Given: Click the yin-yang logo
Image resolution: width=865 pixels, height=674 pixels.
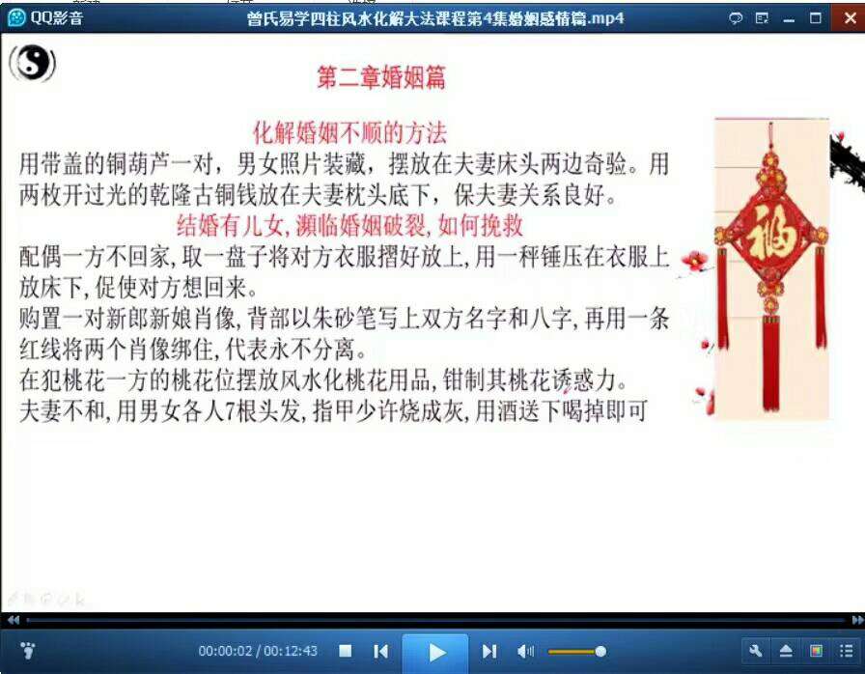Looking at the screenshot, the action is coord(33,64).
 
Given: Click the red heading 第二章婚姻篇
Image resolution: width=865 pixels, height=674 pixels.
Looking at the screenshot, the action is coord(381,77).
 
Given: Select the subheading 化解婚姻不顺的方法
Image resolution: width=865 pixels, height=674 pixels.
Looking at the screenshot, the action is coord(349,133).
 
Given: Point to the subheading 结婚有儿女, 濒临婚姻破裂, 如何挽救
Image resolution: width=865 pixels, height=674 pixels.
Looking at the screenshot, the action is coord(349,225).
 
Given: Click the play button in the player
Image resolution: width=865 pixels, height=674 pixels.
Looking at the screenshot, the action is coord(435,653).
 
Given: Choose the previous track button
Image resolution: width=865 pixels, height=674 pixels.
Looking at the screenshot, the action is coord(380,652).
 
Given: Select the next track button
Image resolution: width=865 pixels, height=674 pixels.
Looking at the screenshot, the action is coord(489,652).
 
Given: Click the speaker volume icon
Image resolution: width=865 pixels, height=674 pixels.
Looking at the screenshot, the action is coord(524,652).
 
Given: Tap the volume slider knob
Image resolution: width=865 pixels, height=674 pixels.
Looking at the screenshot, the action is coord(600,652).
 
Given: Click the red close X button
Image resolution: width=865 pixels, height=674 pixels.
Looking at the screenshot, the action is coord(851,17).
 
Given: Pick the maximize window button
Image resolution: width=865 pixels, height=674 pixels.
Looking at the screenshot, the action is coord(816,18).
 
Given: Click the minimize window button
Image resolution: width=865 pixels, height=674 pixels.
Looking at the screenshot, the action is coord(789,20).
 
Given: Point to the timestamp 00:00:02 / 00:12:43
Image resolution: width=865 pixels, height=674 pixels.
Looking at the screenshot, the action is coord(258,651).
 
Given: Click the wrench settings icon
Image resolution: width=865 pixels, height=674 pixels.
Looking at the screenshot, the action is coord(756,651).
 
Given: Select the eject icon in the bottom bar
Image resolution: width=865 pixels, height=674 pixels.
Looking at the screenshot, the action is coord(786,652).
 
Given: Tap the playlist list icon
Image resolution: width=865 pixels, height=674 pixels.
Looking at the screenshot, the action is coord(847,652).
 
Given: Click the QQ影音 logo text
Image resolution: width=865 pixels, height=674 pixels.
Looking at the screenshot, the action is coord(56,17).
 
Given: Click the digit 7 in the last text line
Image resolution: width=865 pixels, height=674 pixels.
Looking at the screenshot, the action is coord(230,411).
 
